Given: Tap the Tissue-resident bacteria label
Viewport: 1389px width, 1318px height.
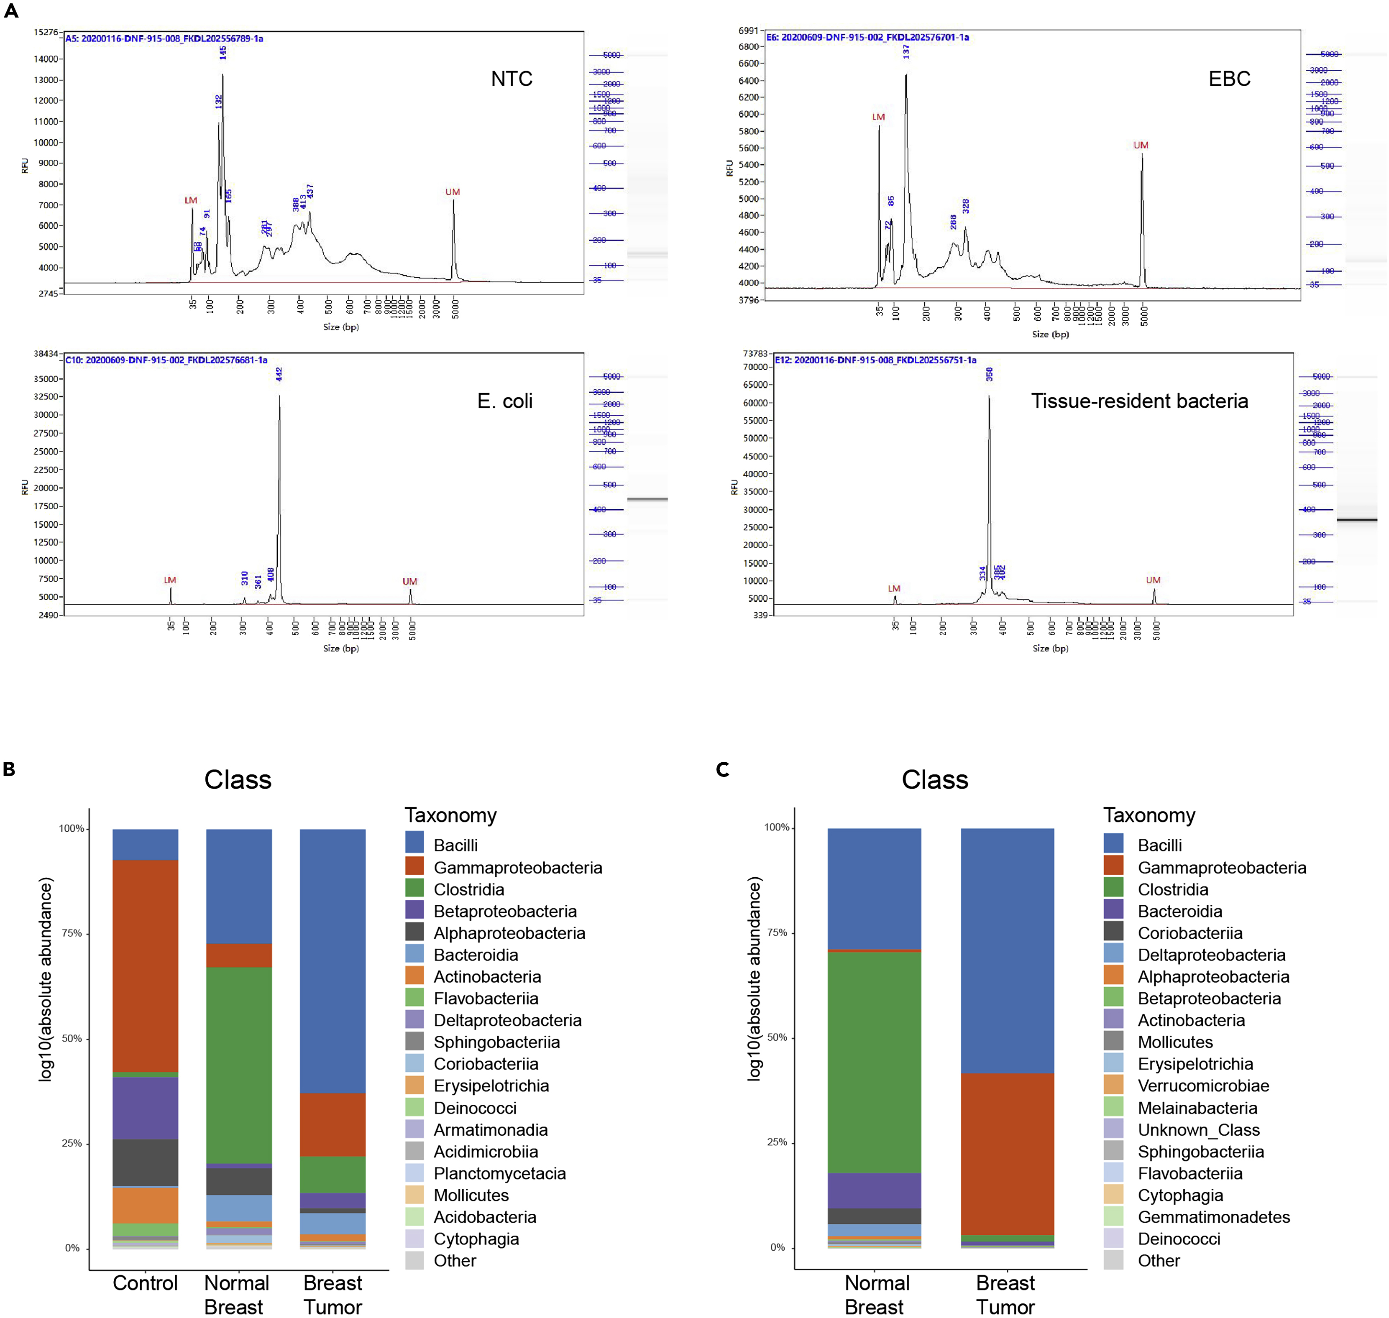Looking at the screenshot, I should (x=1139, y=401).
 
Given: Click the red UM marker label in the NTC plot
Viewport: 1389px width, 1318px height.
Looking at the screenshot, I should (x=453, y=192).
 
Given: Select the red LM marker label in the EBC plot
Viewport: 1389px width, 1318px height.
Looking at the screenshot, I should (x=878, y=117).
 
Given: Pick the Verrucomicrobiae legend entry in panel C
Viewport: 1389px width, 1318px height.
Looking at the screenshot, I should (x=1203, y=1086).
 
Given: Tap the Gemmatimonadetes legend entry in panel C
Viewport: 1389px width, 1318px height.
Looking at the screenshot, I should (x=1213, y=1217).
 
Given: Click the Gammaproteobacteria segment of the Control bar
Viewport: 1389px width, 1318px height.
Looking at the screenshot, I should (x=146, y=966).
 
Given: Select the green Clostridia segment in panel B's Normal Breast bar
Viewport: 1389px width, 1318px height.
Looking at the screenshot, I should (x=239, y=1064).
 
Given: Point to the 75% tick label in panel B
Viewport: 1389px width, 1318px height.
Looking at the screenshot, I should (x=72, y=933).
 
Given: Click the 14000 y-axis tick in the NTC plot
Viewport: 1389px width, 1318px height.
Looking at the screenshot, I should (x=46, y=59).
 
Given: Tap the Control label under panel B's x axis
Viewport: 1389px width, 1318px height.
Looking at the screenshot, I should (x=146, y=1283).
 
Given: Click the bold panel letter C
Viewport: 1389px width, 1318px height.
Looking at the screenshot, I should (x=722, y=770).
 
